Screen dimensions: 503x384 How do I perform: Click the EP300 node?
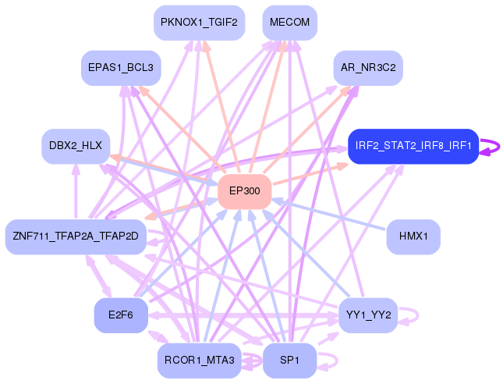pyautogui.click(x=244, y=191)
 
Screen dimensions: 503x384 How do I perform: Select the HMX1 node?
pyautogui.click(x=413, y=236)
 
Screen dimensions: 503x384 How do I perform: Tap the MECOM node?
pyautogui.click(x=289, y=23)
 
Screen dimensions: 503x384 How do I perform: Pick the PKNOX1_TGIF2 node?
pyautogui.click(x=199, y=23)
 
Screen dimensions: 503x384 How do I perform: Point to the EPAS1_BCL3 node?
pyautogui.click(x=121, y=68)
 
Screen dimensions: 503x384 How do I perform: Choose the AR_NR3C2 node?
pyautogui.click(x=367, y=68)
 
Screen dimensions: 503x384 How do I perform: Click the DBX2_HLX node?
pyautogui.click(x=76, y=146)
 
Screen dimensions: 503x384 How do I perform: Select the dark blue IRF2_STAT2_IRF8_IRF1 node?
pyautogui.click(x=413, y=146)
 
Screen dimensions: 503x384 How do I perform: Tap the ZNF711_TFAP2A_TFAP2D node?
pyautogui.click(x=76, y=236)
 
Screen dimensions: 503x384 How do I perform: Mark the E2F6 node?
pyautogui.click(x=121, y=315)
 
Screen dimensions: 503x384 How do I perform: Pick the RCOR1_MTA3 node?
pyautogui.click(x=199, y=360)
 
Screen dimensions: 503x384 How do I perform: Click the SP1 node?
pyautogui.click(x=289, y=360)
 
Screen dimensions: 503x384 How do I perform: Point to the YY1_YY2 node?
pyautogui.click(x=367, y=315)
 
